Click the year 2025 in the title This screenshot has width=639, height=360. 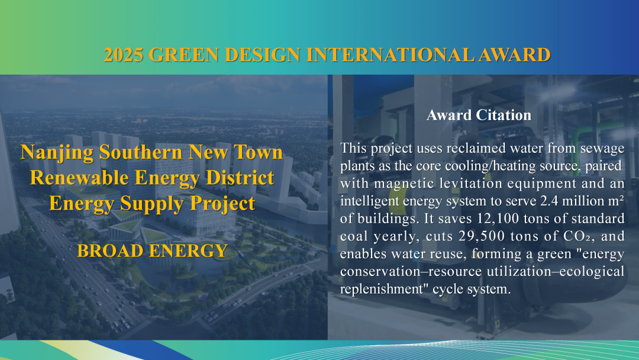(124, 54)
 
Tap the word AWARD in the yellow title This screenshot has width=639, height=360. (514, 54)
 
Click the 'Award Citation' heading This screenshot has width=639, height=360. (479, 115)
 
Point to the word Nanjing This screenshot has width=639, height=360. (57, 153)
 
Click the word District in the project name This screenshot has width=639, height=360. (240, 178)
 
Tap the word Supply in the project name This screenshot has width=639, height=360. (152, 204)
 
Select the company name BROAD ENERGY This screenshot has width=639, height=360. (152, 250)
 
